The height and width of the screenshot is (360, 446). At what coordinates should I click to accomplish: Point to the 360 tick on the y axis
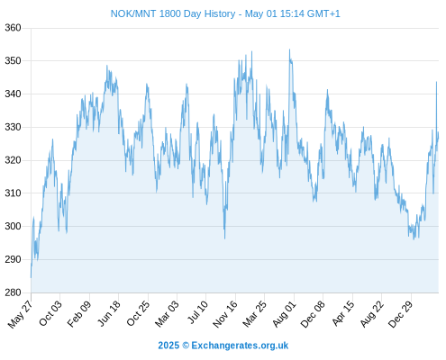[13, 28]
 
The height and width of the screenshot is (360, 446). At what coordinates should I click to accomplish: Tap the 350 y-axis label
[13, 61]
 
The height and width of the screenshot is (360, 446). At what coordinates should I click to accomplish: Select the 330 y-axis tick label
[13, 127]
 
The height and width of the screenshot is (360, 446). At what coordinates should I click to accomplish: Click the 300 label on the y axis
[13, 226]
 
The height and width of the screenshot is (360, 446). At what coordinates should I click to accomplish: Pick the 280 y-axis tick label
[13, 292]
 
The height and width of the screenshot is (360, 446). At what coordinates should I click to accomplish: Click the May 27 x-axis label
[21, 314]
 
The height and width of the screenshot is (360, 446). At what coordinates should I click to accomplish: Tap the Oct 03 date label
[50, 313]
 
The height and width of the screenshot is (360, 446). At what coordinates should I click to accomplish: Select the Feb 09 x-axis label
[79, 314]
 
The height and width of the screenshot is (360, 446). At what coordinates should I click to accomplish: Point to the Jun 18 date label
[109, 313]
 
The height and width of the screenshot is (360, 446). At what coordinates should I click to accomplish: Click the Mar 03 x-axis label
[167, 314]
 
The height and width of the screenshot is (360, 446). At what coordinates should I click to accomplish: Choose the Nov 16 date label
[225, 314]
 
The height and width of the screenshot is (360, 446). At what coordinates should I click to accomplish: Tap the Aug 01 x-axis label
[285, 314]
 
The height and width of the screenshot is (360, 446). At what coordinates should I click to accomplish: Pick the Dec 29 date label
[401, 314]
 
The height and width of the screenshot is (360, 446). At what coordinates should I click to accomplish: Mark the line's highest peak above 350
[289, 49]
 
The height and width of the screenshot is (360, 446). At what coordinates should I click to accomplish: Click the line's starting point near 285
[31, 277]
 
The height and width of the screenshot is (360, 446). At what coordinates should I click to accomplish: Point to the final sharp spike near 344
[436, 82]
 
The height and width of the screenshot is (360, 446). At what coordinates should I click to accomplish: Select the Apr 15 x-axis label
[343, 313]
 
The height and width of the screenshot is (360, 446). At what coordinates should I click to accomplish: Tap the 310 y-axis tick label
[13, 193]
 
